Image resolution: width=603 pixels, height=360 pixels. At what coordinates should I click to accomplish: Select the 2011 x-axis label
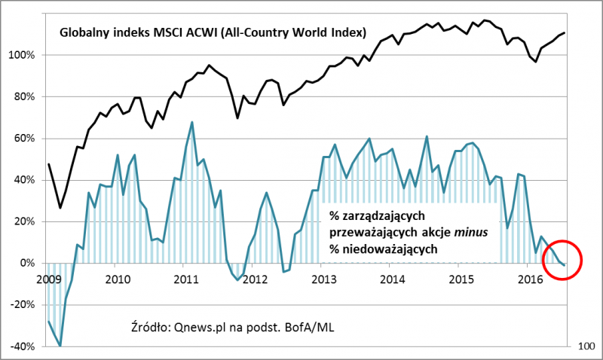(x=185, y=279)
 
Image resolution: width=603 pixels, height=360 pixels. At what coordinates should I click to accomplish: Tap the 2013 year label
(x=323, y=279)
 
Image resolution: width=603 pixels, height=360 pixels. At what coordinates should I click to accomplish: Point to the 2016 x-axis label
(x=531, y=279)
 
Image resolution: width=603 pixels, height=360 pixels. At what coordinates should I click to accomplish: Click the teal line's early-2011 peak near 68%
(x=192, y=122)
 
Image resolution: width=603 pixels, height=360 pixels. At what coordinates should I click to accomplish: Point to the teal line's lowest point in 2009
(x=60, y=346)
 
